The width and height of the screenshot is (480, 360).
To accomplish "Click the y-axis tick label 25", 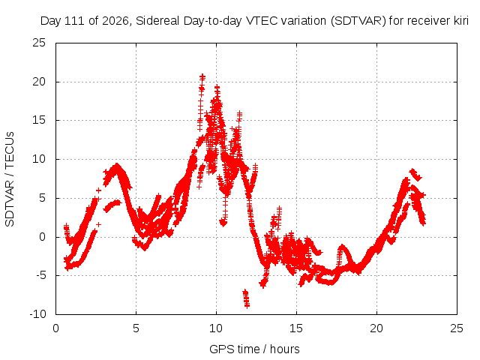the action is click(39, 43).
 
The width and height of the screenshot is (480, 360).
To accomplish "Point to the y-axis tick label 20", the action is click(39, 82).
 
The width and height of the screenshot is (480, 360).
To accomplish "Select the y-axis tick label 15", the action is click(39, 120).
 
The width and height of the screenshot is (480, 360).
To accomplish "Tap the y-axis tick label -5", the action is click(40, 275).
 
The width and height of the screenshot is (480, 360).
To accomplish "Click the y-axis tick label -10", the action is click(37, 314).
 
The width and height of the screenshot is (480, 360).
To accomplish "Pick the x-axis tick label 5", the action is click(136, 328).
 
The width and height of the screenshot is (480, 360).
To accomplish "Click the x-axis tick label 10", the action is click(216, 328).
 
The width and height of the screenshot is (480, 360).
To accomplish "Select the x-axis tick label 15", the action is click(296, 328).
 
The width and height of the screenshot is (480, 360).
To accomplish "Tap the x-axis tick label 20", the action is click(376, 328).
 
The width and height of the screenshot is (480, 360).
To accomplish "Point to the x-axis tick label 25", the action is click(457, 328).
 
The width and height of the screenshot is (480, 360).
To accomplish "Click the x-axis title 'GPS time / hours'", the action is click(254, 349).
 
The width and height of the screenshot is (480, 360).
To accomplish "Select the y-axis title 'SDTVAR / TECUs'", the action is click(10, 179).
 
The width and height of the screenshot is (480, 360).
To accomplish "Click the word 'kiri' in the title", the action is click(460, 21).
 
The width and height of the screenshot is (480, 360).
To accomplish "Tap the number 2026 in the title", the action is click(115, 21).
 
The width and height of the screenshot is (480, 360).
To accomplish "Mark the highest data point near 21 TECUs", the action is click(202, 76).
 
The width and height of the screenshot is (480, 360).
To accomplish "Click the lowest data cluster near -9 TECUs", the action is click(247, 298).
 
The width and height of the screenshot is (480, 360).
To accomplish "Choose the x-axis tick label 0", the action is click(55, 328).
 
